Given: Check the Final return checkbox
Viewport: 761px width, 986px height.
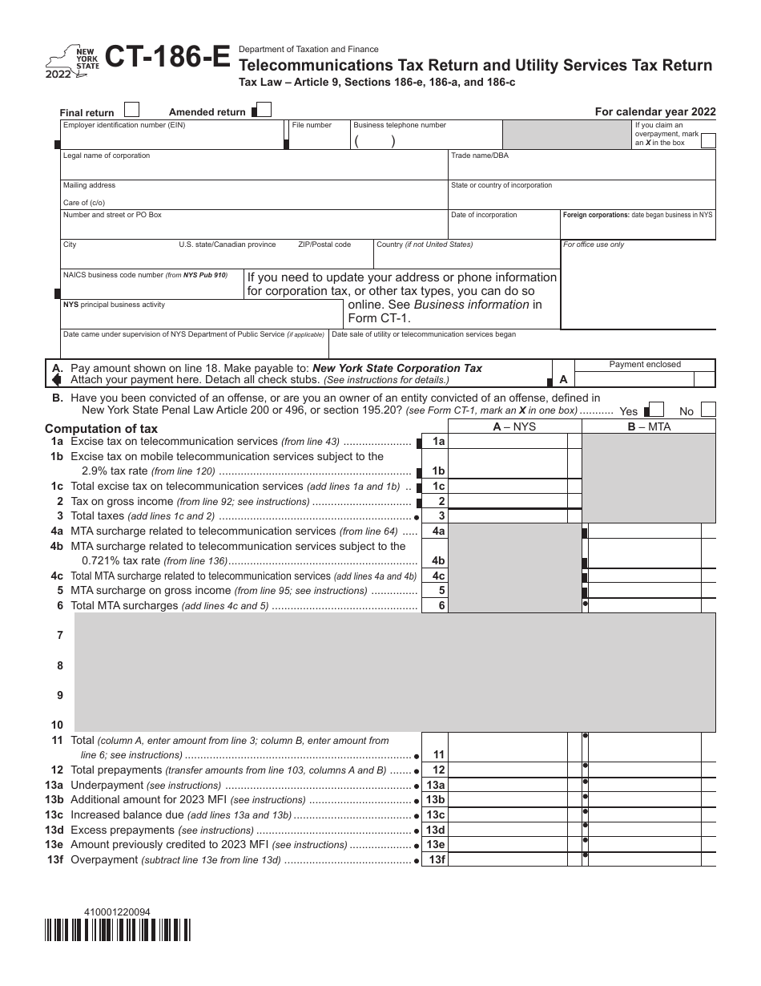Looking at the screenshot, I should (x=133, y=110).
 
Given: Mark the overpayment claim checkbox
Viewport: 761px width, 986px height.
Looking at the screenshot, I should (x=708, y=141).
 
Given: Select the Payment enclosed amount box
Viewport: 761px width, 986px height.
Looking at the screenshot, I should (x=645, y=378).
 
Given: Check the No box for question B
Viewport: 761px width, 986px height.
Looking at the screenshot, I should (x=708, y=410).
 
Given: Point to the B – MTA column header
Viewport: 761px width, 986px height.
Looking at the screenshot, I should (x=649, y=426).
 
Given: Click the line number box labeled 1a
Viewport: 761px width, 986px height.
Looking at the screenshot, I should (x=438, y=442).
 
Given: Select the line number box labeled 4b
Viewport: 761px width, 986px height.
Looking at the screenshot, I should (x=438, y=560).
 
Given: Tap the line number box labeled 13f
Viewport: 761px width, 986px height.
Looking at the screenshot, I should (x=438, y=859).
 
